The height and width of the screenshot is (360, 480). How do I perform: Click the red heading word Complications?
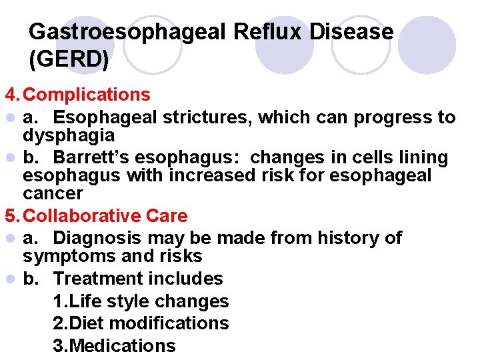(x=91, y=95)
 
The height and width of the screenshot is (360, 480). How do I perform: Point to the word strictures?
(x=210, y=117)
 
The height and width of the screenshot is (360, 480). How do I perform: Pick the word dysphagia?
(x=69, y=135)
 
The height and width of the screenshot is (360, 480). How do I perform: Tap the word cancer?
(x=53, y=193)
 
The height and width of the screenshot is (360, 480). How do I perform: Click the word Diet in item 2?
(x=85, y=323)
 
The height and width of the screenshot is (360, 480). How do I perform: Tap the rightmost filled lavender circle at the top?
(x=431, y=45)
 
